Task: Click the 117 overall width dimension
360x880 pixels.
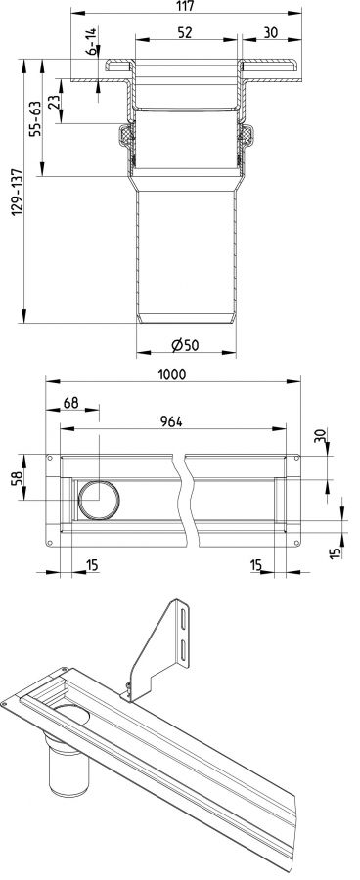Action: [185, 6]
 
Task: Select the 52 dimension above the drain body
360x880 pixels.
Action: [185, 33]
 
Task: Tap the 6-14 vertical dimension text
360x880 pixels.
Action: [91, 40]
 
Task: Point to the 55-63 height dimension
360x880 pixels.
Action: [35, 117]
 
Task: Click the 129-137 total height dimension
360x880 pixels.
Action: [17, 192]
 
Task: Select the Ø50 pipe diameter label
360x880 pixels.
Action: [185, 346]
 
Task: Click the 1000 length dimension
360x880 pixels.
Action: [172, 374]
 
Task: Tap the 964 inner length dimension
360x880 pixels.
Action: [172, 422]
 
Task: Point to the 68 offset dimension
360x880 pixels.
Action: [71, 403]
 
